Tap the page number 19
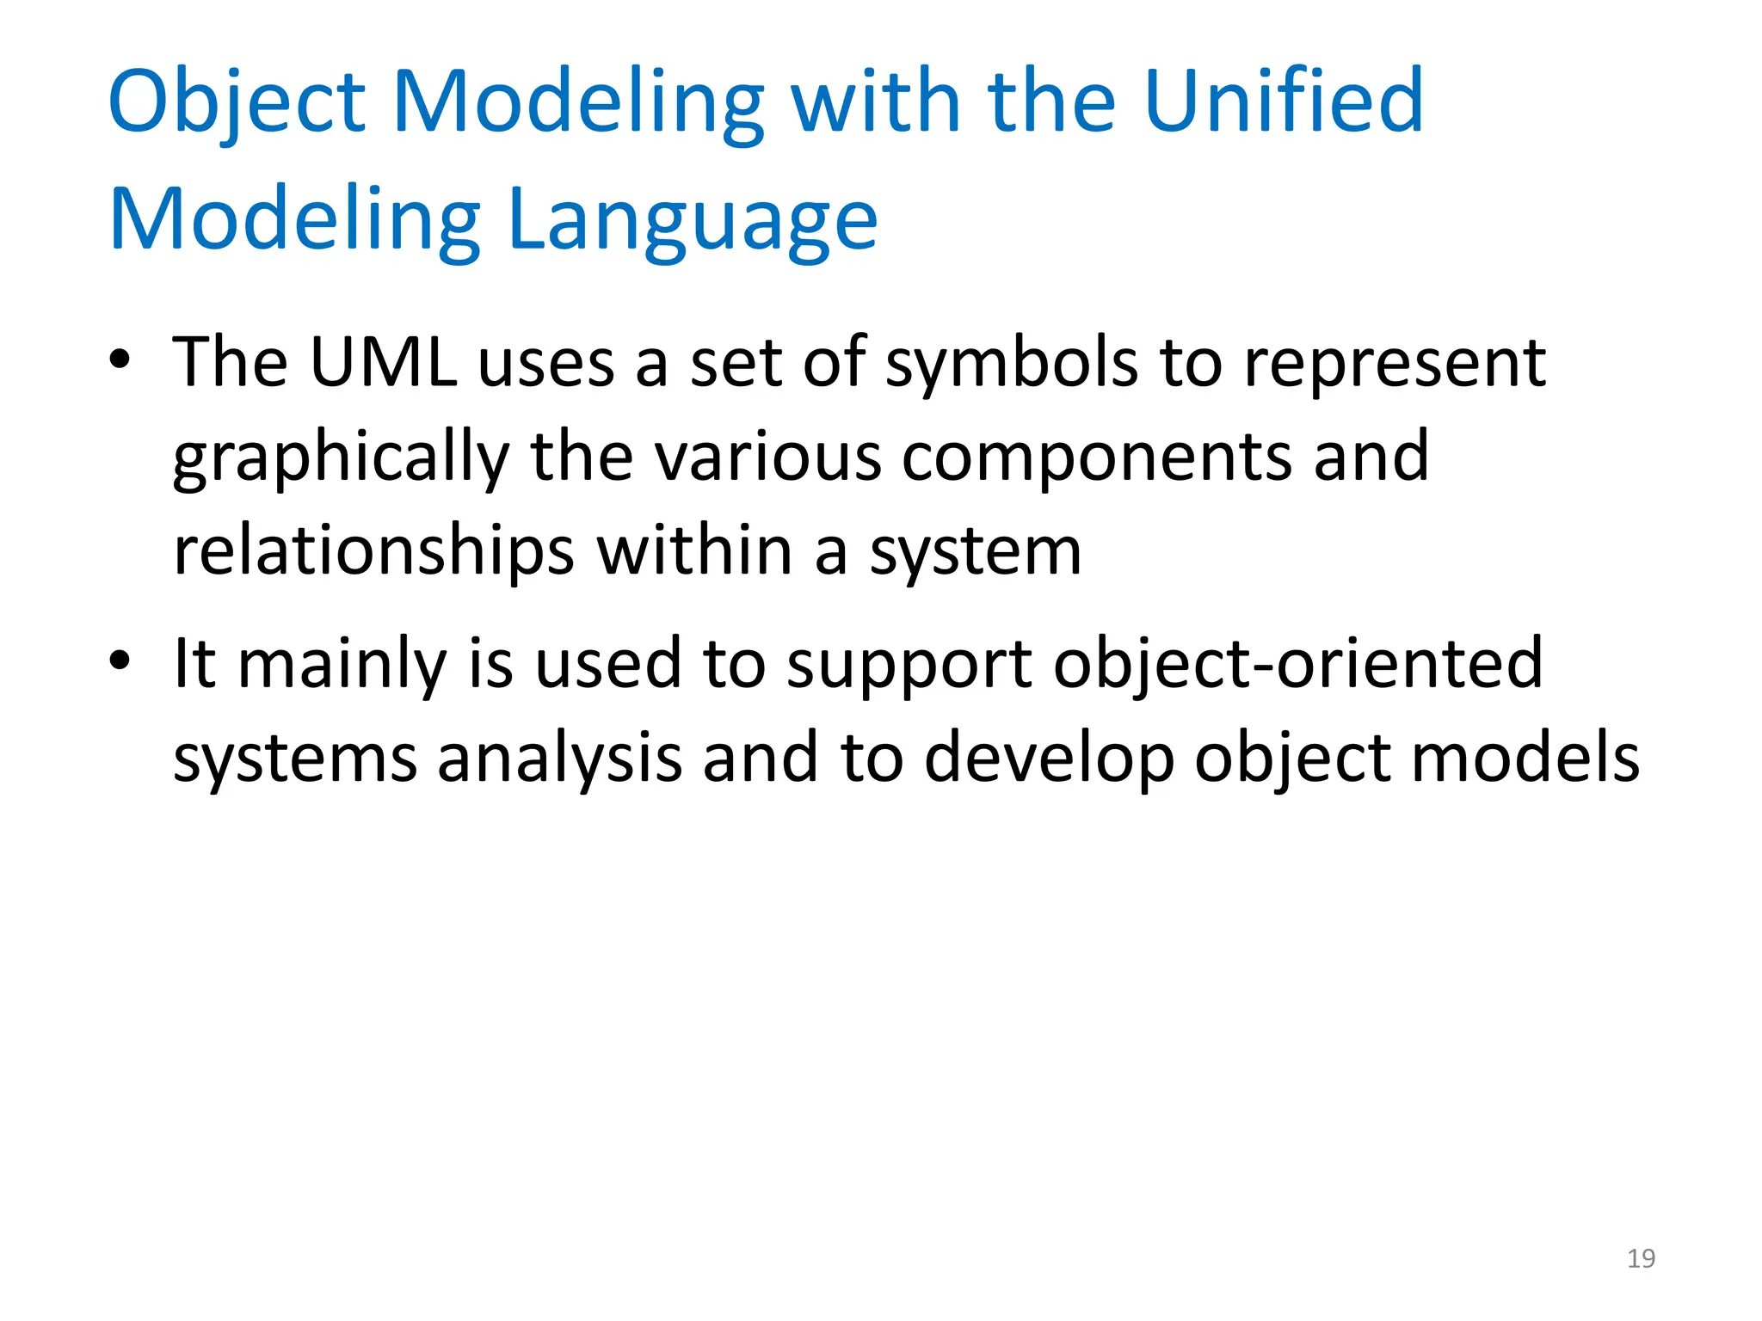tap(1641, 1258)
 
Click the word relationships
tap(373, 551)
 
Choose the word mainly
tap(342, 665)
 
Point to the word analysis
tap(559, 758)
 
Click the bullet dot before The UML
tap(120, 359)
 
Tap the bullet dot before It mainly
tap(120, 660)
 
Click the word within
tap(694, 551)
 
